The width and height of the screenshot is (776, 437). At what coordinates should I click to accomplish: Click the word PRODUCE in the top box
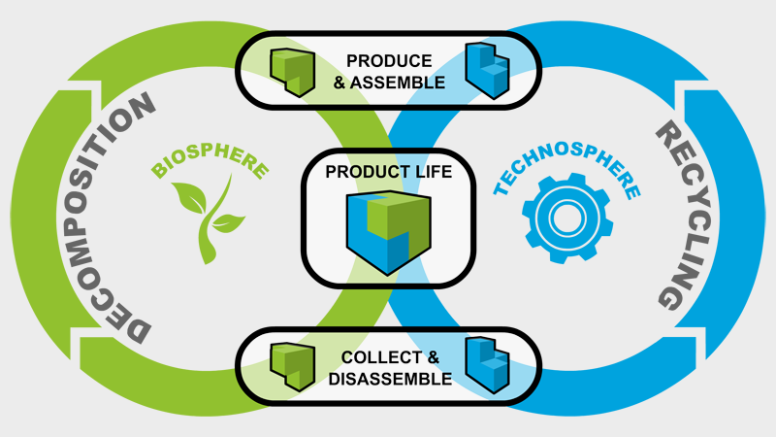point(389,61)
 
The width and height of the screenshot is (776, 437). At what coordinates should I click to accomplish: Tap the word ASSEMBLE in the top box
point(398,83)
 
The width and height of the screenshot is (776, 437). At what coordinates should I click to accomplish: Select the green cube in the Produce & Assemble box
point(293,72)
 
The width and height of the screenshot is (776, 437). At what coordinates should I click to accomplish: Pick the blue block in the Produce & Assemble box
point(488,70)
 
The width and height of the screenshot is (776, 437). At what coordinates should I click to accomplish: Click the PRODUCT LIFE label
point(389,172)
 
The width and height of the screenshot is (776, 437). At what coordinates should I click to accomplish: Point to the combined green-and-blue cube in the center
point(389,232)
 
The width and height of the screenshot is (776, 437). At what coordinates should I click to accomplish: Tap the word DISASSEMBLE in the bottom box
point(390,379)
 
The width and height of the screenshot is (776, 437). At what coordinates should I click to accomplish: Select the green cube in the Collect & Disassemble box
point(293,367)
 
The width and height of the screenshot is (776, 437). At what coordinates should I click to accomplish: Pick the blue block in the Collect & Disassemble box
point(488,365)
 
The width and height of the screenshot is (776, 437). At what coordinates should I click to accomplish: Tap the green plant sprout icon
point(208,218)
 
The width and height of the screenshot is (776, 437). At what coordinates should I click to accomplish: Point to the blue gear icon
point(567,218)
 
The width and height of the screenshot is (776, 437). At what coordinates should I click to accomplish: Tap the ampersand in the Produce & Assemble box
point(339,83)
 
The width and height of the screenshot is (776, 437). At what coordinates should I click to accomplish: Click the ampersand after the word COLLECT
point(433,357)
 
